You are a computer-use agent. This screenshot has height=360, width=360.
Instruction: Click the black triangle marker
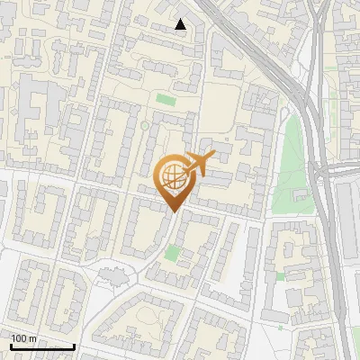click(180, 24)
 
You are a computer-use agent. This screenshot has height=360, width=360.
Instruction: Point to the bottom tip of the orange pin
click(174, 212)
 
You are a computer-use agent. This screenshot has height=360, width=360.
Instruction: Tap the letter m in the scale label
click(34, 339)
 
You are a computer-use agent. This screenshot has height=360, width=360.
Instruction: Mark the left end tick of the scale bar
click(11, 346)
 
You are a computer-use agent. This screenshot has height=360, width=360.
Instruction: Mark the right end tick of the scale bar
click(74, 346)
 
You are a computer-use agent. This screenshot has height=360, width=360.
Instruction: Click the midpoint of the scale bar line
click(42, 347)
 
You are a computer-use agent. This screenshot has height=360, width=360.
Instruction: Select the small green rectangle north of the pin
click(164, 99)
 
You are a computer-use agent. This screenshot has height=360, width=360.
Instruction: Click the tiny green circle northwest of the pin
click(143, 125)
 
